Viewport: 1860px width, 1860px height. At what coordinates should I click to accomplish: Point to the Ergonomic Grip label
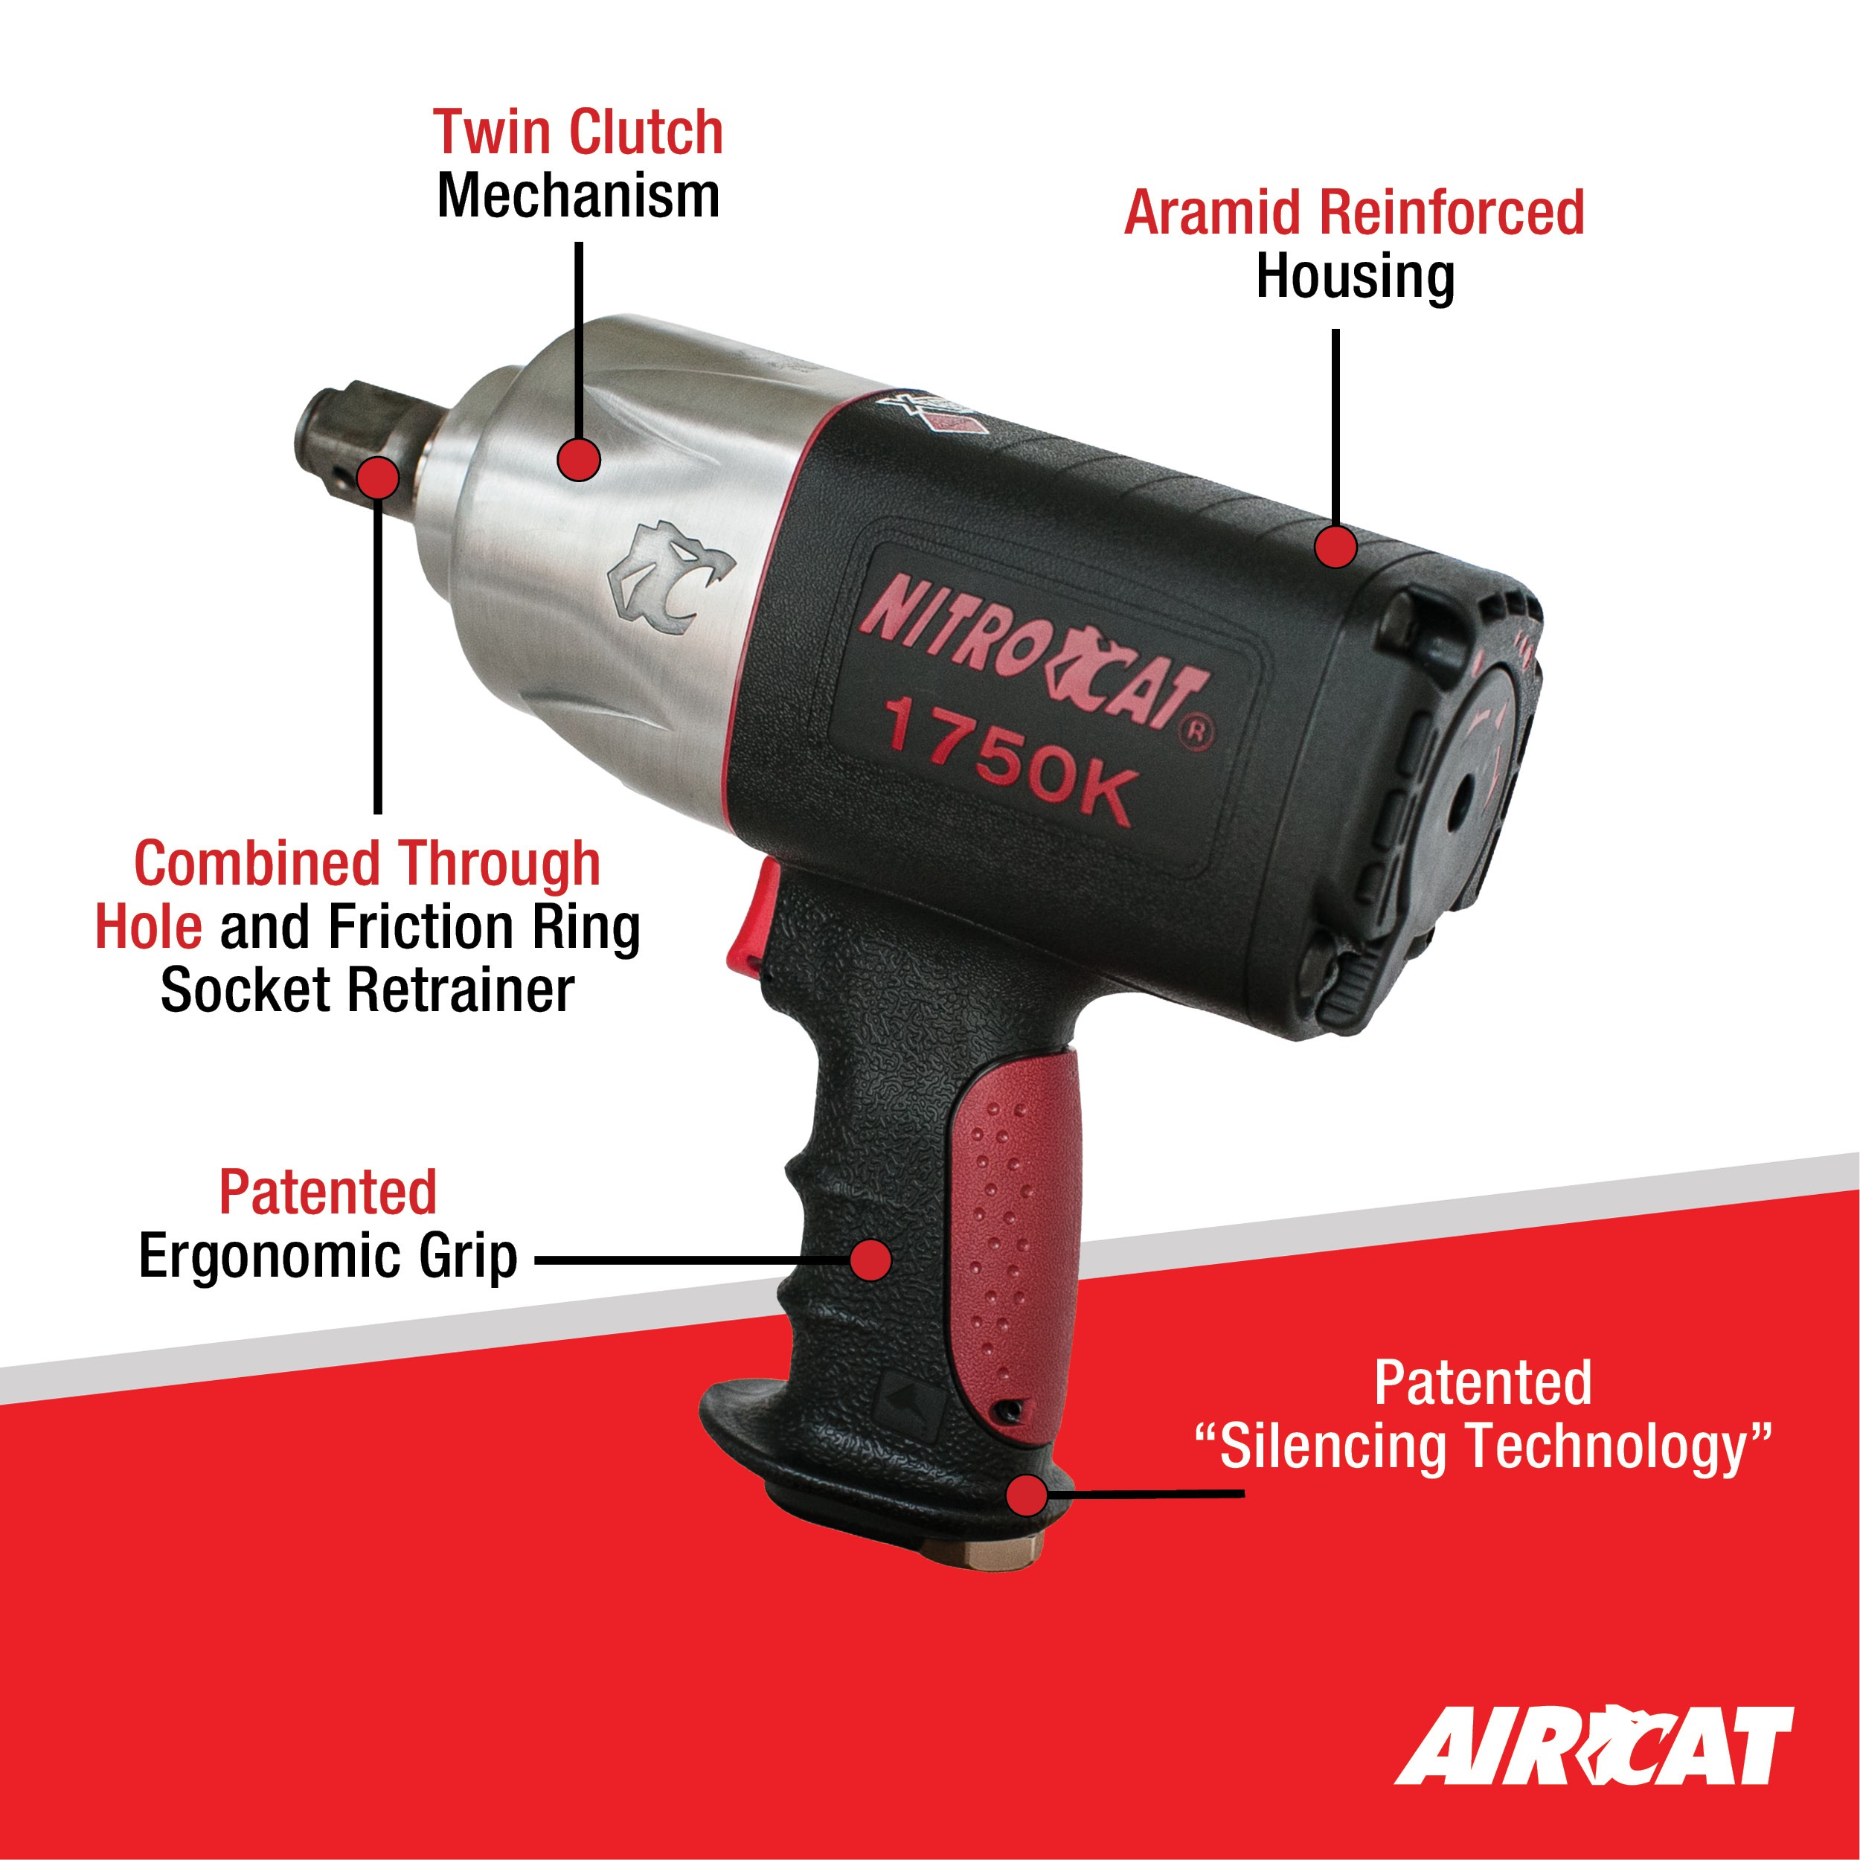coord(328,1257)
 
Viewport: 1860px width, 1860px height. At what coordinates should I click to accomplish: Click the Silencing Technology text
coord(1483,1448)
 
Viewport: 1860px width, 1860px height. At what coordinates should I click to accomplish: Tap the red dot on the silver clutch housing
coord(579,458)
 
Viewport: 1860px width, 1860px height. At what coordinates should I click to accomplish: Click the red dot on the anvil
coord(379,477)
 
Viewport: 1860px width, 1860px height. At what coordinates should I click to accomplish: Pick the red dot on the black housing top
coord(1335,546)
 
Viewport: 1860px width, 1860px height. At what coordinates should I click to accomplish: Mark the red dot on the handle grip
coord(871,1260)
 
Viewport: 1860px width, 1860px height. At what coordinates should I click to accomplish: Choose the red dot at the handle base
coord(1026,1496)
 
